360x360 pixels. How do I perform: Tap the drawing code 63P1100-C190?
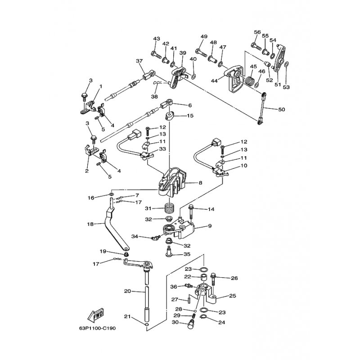pos(97,328)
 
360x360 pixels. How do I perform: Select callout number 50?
pos(282,109)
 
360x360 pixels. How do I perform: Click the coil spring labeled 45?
pos(250,81)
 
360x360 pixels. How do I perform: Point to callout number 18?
pos(91,224)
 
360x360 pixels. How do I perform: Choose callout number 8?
pos(200,183)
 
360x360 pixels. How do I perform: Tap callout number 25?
pos(233,296)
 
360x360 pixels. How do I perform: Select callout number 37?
pos(139,61)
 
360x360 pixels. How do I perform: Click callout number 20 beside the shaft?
pos(127,291)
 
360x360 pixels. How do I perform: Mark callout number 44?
pos(214,81)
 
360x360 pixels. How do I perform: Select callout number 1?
pos(100,86)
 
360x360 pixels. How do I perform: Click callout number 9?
pos(210,226)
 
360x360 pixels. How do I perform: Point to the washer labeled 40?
pos(193,76)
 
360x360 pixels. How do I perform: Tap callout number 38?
pos(154,97)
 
